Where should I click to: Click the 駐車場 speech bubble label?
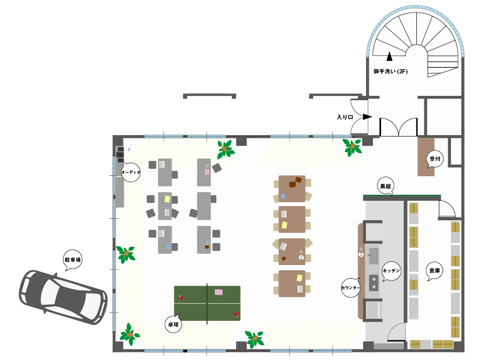[x=73, y=260]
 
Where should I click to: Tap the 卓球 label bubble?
[x=173, y=324]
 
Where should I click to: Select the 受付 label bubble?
[x=435, y=159]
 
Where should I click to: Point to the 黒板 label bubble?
[x=386, y=186]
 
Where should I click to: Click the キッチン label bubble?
[x=391, y=271]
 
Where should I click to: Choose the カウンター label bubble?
[x=350, y=288]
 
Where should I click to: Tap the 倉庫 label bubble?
[x=435, y=270]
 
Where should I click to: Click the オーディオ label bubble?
[x=131, y=173]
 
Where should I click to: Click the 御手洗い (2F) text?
[x=390, y=72]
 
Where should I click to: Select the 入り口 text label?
[x=345, y=117]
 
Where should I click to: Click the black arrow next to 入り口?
[x=367, y=117]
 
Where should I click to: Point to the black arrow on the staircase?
[x=389, y=56]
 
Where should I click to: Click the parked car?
[x=63, y=297]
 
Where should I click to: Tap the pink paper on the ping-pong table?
[x=218, y=292]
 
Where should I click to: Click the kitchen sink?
[x=373, y=256]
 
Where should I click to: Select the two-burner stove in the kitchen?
[x=373, y=283]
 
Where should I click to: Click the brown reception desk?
[x=426, y=157]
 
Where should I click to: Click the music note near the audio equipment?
[x=129, y=150]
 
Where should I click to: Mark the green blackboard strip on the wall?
[x=402, y=195]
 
